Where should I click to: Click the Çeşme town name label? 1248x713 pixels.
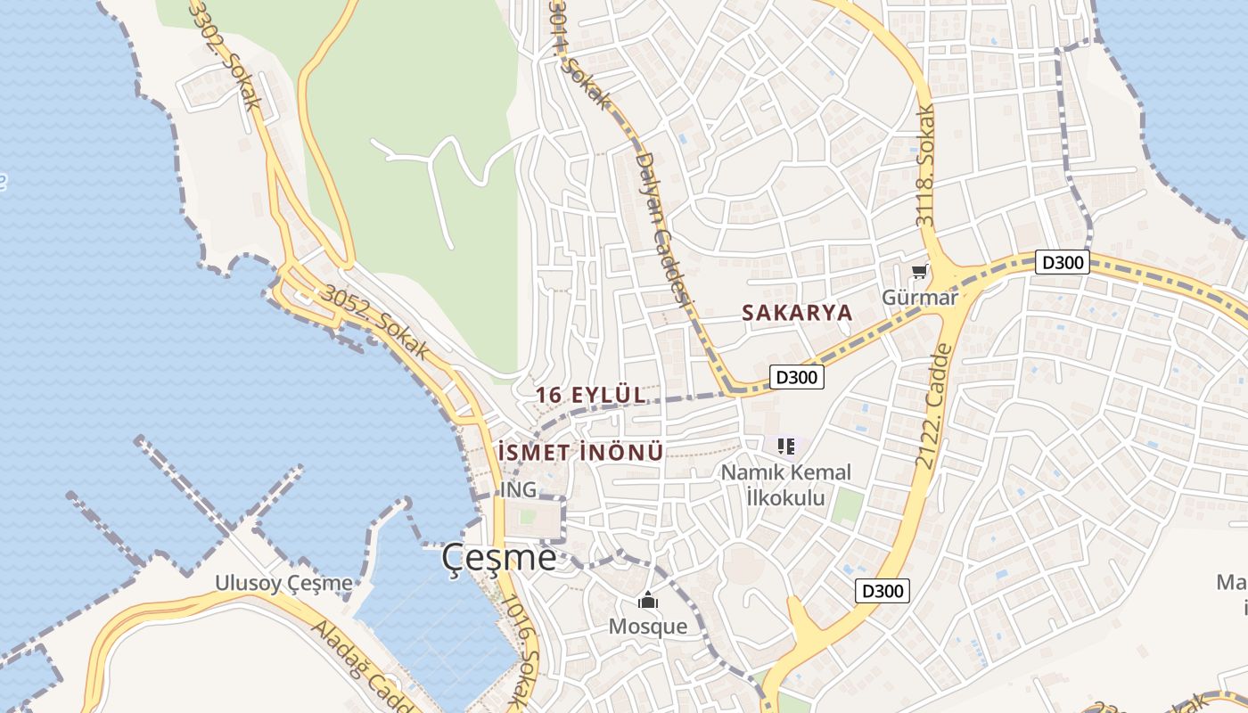tap(499, 558)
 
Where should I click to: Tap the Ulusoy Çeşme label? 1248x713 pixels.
tap(283, 583)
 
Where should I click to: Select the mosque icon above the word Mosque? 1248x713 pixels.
tap(647, 601)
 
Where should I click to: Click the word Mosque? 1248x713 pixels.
tap(648, 627)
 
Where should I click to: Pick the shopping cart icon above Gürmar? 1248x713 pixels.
tap(919, 271)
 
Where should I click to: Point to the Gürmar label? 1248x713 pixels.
tap(919, 297)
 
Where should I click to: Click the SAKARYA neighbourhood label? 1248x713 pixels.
tap(797, 313)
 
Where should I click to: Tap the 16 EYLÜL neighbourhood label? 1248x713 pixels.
tap(590, 394)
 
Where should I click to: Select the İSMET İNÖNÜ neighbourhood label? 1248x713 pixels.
tap(582, 453)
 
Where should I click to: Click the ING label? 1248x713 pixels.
tap(518, 489)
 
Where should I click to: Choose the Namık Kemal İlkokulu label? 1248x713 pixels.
tap(785, 485)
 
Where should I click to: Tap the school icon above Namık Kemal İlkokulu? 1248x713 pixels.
tap(785, 446)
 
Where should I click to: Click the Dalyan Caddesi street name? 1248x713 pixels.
tap(662, 232)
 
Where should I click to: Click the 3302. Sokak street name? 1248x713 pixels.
tap(226, 53)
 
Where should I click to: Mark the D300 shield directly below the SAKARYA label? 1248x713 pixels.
tap(796, 377)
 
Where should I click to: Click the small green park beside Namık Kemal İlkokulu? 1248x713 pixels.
tap(847, 506)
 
